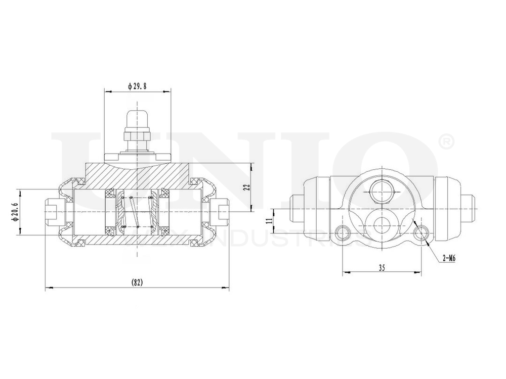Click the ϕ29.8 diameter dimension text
pyautogui.click(x=137, y=86)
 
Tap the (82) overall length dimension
pyautogui.click(x=137, y=282)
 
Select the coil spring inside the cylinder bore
pyautogui.click(x=137, y=212)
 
